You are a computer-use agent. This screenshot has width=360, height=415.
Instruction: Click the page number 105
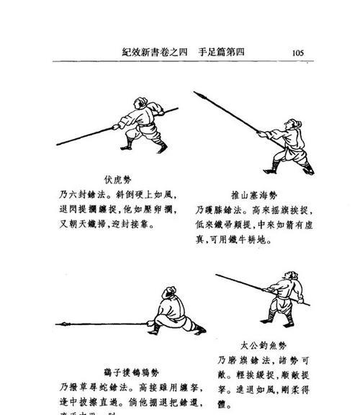point(300,53)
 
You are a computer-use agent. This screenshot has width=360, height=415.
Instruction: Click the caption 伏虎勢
point(117,179)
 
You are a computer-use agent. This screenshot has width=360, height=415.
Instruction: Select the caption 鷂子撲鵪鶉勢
point(104,371)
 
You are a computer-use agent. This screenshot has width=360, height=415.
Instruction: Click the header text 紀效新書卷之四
point(156,53)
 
